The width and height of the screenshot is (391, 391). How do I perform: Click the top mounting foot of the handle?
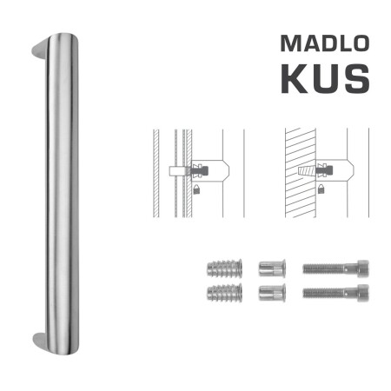(x=37, y=51)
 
